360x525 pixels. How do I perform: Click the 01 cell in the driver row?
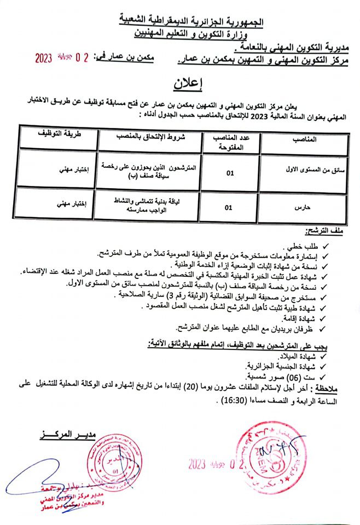click(x=229, y=173)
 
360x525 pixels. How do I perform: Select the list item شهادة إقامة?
click(x=304, y=317)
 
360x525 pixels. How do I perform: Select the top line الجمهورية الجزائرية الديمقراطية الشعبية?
click(x=193, y=22)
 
